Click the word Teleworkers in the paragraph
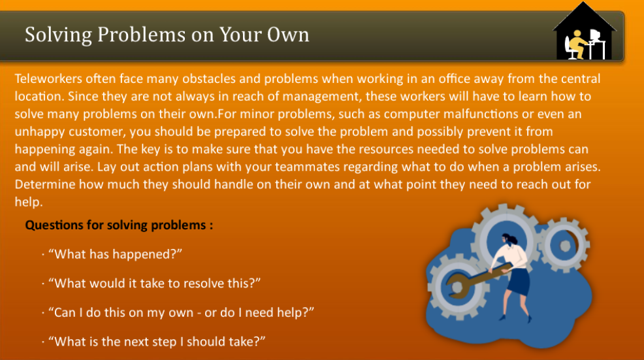(50, 80)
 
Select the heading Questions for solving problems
(119, 226)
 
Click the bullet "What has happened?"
(114, 254)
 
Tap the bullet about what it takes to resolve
(154, 284)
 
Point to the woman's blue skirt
(519, 282)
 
